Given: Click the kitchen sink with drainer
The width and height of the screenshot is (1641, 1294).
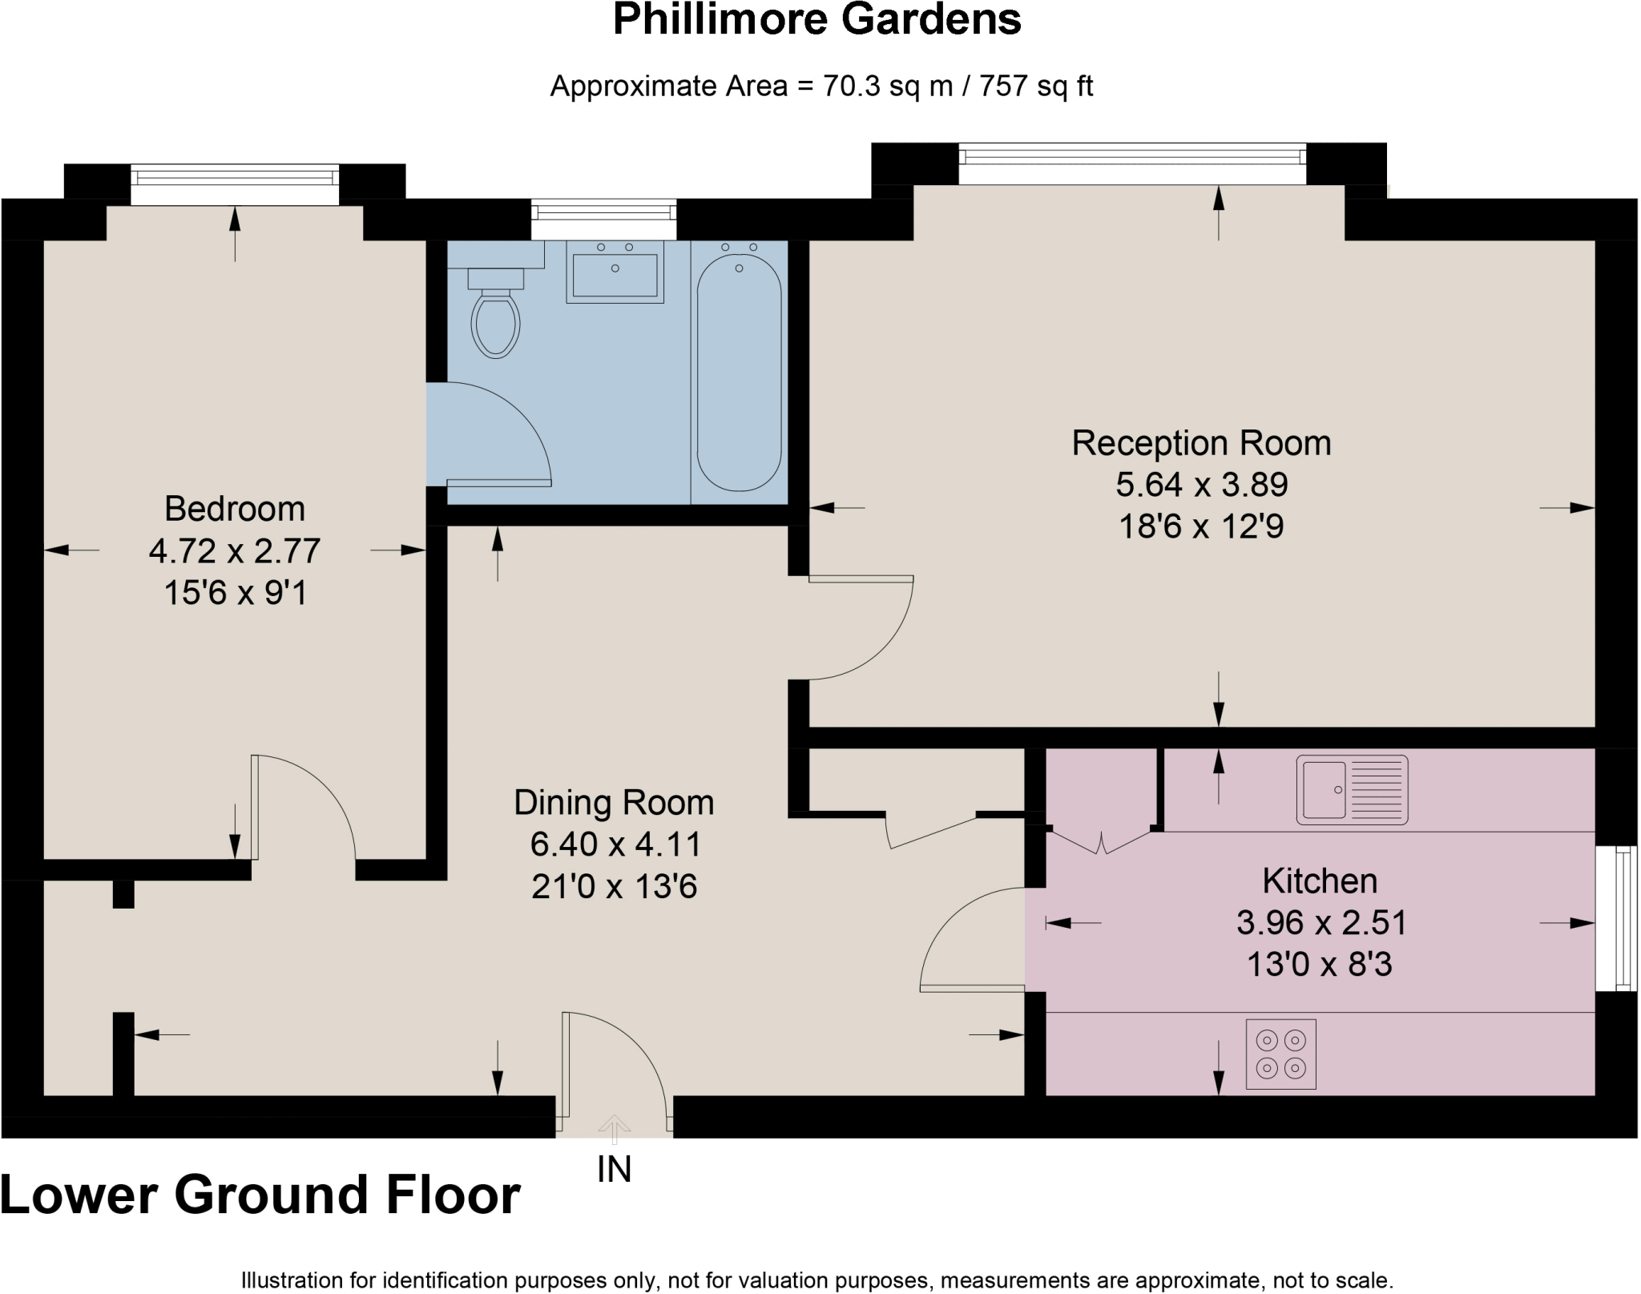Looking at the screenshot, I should click(x=1352, y=789).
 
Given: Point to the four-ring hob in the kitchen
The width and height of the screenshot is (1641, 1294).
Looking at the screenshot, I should click(x=1280, y=1054).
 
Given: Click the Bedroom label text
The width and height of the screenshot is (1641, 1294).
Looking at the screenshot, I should click(x=235, y=509).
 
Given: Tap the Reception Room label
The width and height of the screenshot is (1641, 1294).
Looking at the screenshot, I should click(x=1201, y=443).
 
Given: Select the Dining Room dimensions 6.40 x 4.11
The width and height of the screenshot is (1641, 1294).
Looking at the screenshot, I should click(x=615, y=845).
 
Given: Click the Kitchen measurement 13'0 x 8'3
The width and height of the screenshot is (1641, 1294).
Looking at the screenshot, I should click(x=1319, y=965).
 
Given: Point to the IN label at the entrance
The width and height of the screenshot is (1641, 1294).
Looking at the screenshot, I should click(x=615, y=1170).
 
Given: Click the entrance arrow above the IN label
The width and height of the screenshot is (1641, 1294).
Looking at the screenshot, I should click(x=615, y=1128).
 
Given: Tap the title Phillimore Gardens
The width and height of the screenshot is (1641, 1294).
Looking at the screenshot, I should click(x=816, y=20).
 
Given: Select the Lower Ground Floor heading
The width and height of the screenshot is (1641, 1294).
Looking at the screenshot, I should click(x=260, y=1195).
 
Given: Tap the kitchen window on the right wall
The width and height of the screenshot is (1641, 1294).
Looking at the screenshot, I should click(x=1616, y=918).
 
